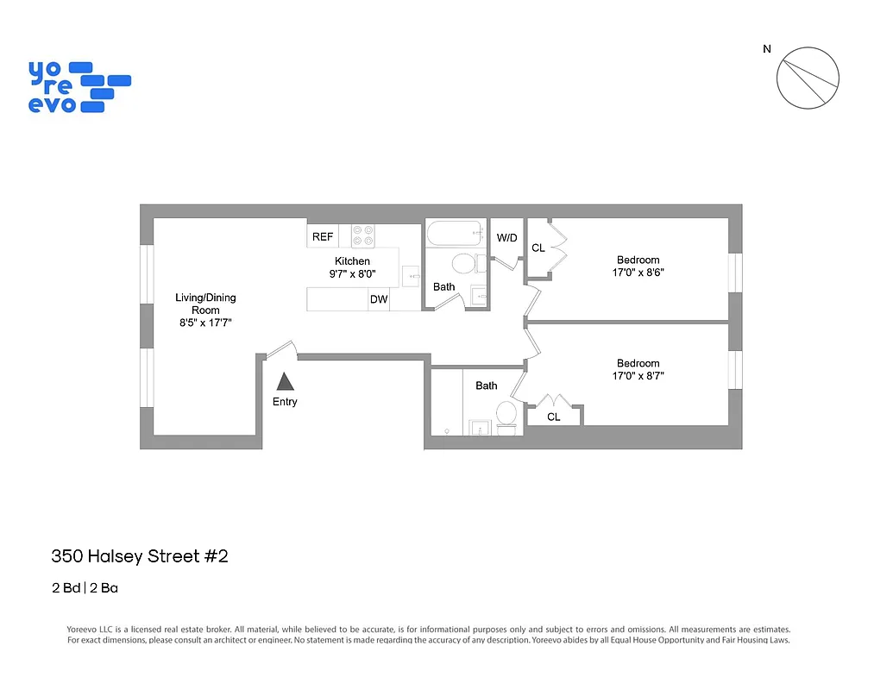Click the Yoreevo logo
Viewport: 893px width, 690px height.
79,86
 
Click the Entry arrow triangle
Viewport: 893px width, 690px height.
285,381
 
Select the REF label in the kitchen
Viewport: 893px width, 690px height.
323,236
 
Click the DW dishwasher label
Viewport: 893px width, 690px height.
378,300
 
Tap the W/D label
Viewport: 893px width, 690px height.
506,237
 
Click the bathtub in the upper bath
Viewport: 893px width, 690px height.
456,234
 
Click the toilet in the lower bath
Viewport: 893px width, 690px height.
506,414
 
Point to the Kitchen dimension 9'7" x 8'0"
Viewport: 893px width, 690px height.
352,274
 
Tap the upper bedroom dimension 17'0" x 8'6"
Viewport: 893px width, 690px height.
638,272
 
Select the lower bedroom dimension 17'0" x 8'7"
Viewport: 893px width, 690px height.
638,376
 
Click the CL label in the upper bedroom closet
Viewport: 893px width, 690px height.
538,248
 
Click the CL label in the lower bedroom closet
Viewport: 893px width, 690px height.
554,417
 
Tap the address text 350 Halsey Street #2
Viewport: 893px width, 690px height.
140,556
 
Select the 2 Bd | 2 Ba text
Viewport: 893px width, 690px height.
85,589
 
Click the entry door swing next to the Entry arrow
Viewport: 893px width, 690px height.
281,349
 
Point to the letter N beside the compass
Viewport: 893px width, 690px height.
766,49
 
